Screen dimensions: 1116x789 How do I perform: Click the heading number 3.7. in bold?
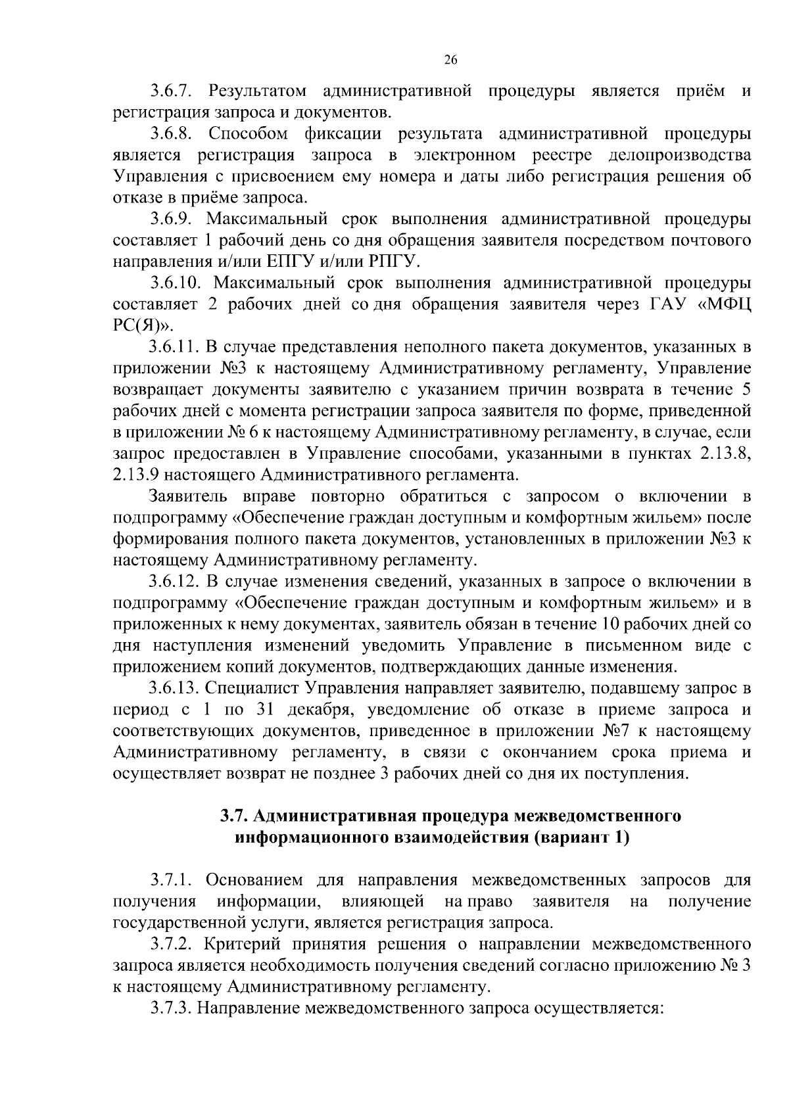233,816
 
